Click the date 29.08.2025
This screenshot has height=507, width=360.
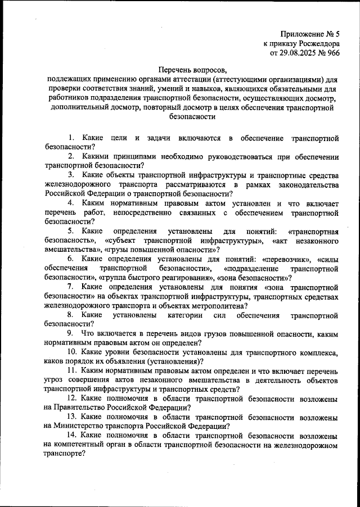tap(299, 53)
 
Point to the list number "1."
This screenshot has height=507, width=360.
tap(71, 138)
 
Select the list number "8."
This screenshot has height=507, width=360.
tap(71, 315)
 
